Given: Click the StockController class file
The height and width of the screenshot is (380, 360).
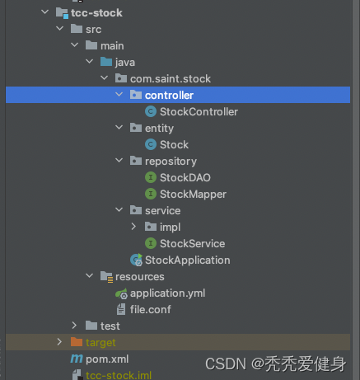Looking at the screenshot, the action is [199, 112].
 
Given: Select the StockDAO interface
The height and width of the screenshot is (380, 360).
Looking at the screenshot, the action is [185, 178].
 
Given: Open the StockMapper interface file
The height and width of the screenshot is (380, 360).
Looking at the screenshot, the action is [193, 195].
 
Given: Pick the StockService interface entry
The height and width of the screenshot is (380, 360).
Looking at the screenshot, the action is [192, 244].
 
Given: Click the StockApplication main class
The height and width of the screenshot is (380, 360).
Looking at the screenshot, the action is [187, 260].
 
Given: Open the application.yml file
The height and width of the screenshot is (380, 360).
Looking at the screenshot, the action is [167, 293].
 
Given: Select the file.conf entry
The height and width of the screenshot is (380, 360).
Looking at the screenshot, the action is [151, 310].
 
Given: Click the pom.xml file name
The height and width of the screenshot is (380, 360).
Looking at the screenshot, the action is [107, 359].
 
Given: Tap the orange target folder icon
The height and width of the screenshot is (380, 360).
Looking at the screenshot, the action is [77, 342].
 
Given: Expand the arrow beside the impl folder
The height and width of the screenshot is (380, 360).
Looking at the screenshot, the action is [133, 227].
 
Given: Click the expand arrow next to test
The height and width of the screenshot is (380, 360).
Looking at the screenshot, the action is [74, 326].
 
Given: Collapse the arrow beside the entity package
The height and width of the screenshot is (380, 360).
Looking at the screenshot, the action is [119, 128].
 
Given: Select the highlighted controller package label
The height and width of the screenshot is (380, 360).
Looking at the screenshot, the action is [169, 96].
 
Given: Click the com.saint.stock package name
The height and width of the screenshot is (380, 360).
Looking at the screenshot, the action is [171, 79].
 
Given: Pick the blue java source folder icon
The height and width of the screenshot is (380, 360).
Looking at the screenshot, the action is [106, 62].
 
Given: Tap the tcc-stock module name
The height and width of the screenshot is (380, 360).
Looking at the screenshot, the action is [96, 13].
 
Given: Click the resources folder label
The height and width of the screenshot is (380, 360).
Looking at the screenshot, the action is [140, 277].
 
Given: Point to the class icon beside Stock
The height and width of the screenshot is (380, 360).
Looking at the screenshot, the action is [151, 144].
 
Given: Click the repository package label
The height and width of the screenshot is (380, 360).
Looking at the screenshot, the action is [171, 162].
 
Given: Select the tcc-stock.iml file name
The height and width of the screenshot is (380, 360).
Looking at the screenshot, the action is [119, 376].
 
